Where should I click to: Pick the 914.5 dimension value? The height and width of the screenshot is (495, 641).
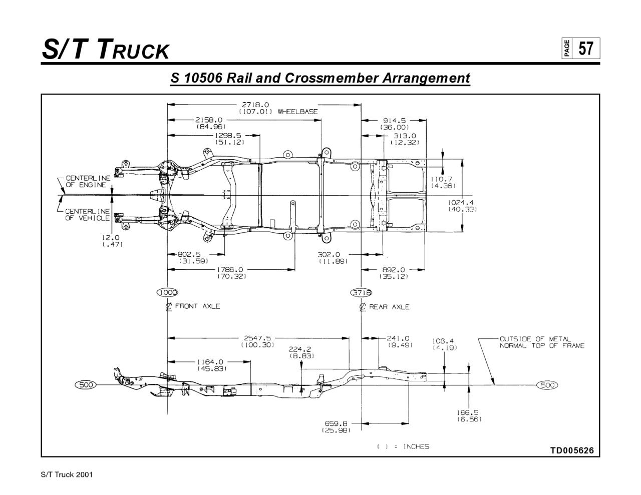point(395,121)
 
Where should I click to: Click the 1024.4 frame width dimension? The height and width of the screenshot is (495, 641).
point(462,202)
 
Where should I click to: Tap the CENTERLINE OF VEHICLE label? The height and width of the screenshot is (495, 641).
point(87,214)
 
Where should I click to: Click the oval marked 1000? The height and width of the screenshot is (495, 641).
point(167,293)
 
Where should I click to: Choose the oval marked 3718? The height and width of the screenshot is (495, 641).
point(361,293)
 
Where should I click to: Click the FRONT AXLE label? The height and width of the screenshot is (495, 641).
point(197,306)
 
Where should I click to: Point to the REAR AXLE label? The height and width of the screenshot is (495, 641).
point(389,307)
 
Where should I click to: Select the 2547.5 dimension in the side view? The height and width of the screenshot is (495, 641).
point(257,338)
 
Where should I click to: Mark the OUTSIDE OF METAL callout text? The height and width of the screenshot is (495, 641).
point(535,339)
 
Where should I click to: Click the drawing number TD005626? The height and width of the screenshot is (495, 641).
point(572,450)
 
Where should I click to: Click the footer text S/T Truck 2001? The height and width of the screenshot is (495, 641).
point(67,474)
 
